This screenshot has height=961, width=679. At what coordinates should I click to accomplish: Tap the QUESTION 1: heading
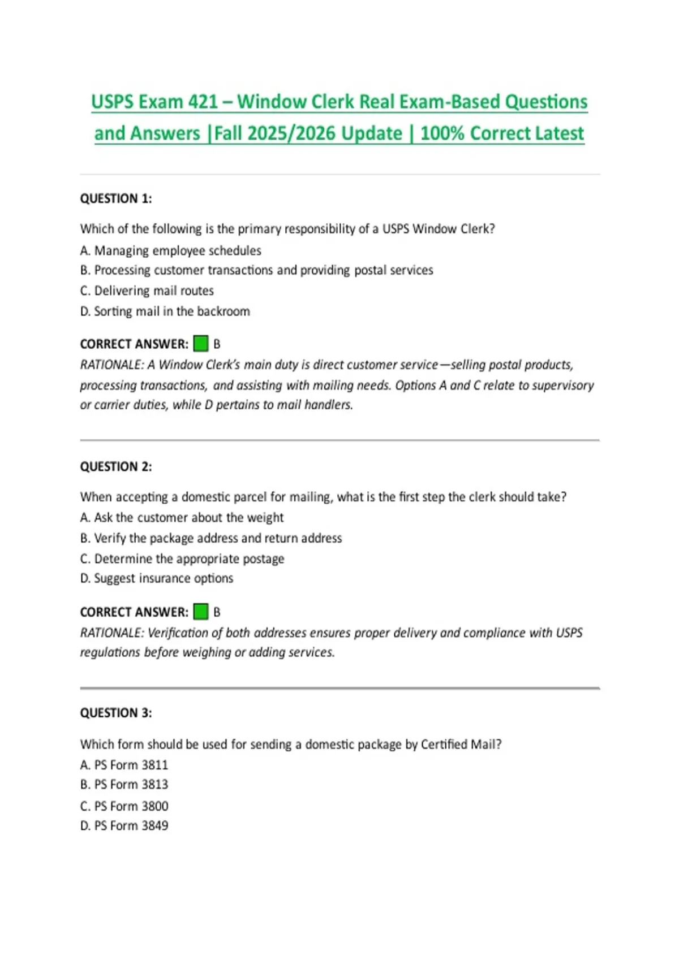click(x=116, y=198)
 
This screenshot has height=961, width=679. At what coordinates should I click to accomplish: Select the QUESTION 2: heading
click(x=116, y=466)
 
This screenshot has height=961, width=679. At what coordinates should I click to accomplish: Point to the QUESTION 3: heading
click(x=116, y=713)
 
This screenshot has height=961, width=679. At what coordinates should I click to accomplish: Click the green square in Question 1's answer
click(x=201, y=343)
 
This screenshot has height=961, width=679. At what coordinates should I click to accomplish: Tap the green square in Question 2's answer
click(x=201, y=611)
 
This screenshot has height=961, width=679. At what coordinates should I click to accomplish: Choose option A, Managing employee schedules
click(x=171, y=250)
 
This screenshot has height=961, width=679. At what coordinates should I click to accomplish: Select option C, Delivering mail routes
click(x=147, y=291)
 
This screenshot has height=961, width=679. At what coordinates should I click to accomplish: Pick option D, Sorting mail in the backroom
click(x=165, y=311)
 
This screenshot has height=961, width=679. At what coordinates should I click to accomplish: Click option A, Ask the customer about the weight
click(x=182, y=517)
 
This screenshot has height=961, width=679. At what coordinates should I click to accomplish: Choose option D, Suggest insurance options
click(x=157, y=578)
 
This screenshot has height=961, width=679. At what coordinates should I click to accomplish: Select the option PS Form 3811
click(x=124, y=765)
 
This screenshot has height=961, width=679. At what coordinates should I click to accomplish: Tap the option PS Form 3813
click(x=124, y=785)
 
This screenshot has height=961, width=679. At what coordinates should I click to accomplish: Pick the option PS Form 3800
click(x=124, y=806)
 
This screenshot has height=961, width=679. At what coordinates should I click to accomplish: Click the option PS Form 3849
click(x=124, y=825)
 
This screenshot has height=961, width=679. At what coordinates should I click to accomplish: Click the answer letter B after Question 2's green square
click(x=217, y=612)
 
